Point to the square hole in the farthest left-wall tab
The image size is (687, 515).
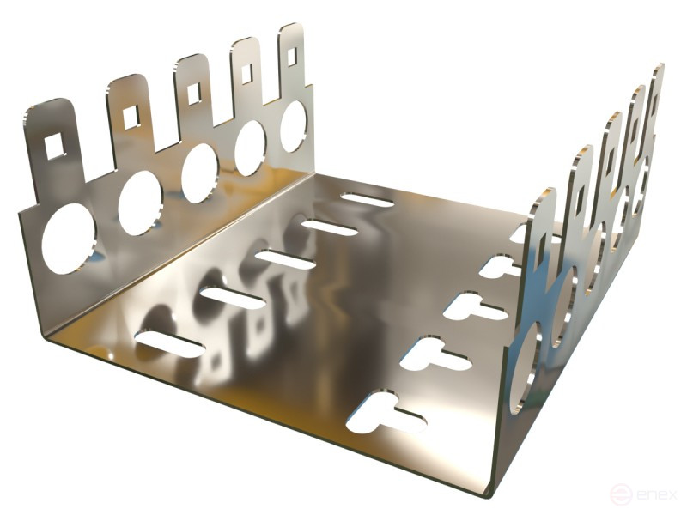point(292,55)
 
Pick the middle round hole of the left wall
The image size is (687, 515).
point(200,173)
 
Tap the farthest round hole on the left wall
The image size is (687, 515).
point(294,126)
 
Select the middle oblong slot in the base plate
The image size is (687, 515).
point(285,260)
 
